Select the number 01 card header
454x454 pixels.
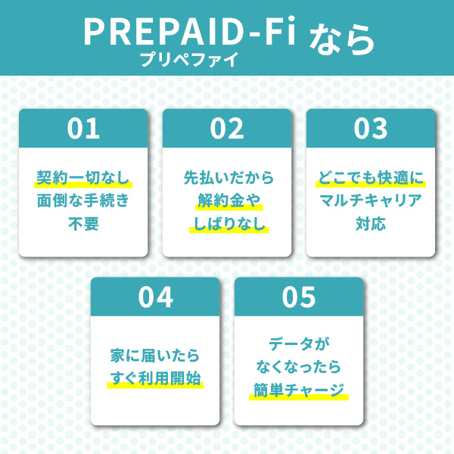click(83, 129)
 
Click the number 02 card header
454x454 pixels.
click(227, 129)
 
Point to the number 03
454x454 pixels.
click(370, 129)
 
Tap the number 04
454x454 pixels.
click(155, 297)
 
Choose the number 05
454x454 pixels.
click(298, 297)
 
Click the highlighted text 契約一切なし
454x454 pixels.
click(83, 179)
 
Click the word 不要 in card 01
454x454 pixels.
click(83, 225)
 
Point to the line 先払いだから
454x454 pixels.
click(227, 179)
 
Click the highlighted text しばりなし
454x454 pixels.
click(227, 225)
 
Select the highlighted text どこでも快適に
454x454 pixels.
click(370, 179)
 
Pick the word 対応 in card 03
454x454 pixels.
click(370, 225)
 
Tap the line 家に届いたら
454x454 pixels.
click(155, 356)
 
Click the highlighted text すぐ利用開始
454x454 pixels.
click(155, 378)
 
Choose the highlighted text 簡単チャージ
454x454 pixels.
click(298, 390)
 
